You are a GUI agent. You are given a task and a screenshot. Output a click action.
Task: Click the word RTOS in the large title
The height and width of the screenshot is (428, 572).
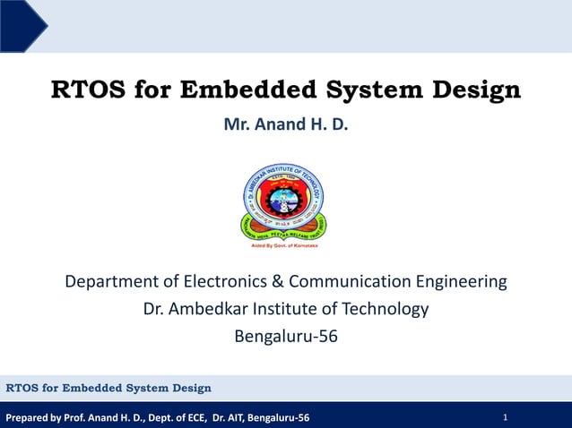(x=88, y=91)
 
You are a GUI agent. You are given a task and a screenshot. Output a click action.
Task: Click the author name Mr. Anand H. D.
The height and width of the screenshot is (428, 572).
(x=285, y=124)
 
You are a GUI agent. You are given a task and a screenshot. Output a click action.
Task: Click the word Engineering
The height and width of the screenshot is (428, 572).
(x=462, y=282)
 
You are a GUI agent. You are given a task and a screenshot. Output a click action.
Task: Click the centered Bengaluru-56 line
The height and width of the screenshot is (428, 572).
(x=285, y=338)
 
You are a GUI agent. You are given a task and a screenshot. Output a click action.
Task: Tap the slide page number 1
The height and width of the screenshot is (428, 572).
(x=506, y=417)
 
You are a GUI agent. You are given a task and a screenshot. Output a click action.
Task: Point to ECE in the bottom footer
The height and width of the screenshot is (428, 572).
(x=195, y=418)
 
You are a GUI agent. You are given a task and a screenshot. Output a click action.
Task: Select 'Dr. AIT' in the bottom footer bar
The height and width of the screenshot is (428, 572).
(x=228, y=418)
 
